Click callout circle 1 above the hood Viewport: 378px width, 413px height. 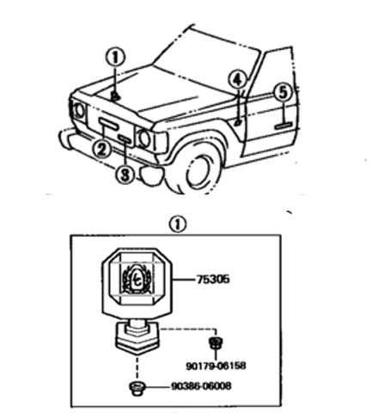[x=115, y=58]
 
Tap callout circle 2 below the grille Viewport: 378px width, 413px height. [x=102, y=150]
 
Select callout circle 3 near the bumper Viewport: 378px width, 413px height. [x=125, y=175]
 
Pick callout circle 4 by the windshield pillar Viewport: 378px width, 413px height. [x=237, y=79]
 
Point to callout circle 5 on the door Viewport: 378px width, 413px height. [x=283, y=93]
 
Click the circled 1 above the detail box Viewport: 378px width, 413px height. [x=178, y=225]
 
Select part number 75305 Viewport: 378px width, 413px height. [x=213, y=279]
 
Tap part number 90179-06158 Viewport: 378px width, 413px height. [x=216, y=366]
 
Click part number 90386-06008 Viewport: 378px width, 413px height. [x=201, y=386]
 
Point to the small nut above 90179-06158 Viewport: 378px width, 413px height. [x=216, y=342]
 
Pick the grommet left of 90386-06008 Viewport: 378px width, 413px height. [x=137, y=388]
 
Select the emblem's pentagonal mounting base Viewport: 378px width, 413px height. [x=137, y=338]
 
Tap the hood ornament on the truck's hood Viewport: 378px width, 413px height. [x=115, y=96]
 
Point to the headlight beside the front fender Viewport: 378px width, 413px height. [x=143, y=139]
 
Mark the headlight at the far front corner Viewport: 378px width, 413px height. [x=78, y=110]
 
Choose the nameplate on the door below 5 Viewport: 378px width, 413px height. [x=283, y=125]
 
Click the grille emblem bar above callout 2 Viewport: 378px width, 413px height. [x=108, y=123]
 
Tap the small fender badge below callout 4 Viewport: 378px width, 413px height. [x=238, y=123]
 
